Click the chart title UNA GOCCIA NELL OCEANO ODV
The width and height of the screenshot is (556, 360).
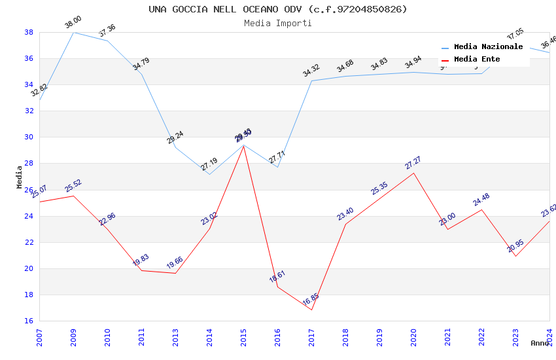277,9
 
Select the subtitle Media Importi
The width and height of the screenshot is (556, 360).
277,23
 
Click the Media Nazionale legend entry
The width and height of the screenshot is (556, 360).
488,47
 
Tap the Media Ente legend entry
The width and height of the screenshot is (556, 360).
477,59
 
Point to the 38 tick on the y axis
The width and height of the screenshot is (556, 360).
29,32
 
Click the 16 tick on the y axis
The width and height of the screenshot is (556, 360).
29,321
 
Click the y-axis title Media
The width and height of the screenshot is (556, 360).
19,177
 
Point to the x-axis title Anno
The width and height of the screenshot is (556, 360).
540,343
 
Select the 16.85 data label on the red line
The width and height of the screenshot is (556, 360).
311,300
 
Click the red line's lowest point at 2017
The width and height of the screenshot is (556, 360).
311,310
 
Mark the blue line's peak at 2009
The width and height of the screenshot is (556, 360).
73,32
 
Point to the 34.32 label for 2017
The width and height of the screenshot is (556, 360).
311,71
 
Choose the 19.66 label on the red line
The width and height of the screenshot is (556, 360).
175,263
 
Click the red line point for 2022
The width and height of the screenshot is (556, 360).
481,209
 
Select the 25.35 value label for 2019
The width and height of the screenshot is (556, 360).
379,189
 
